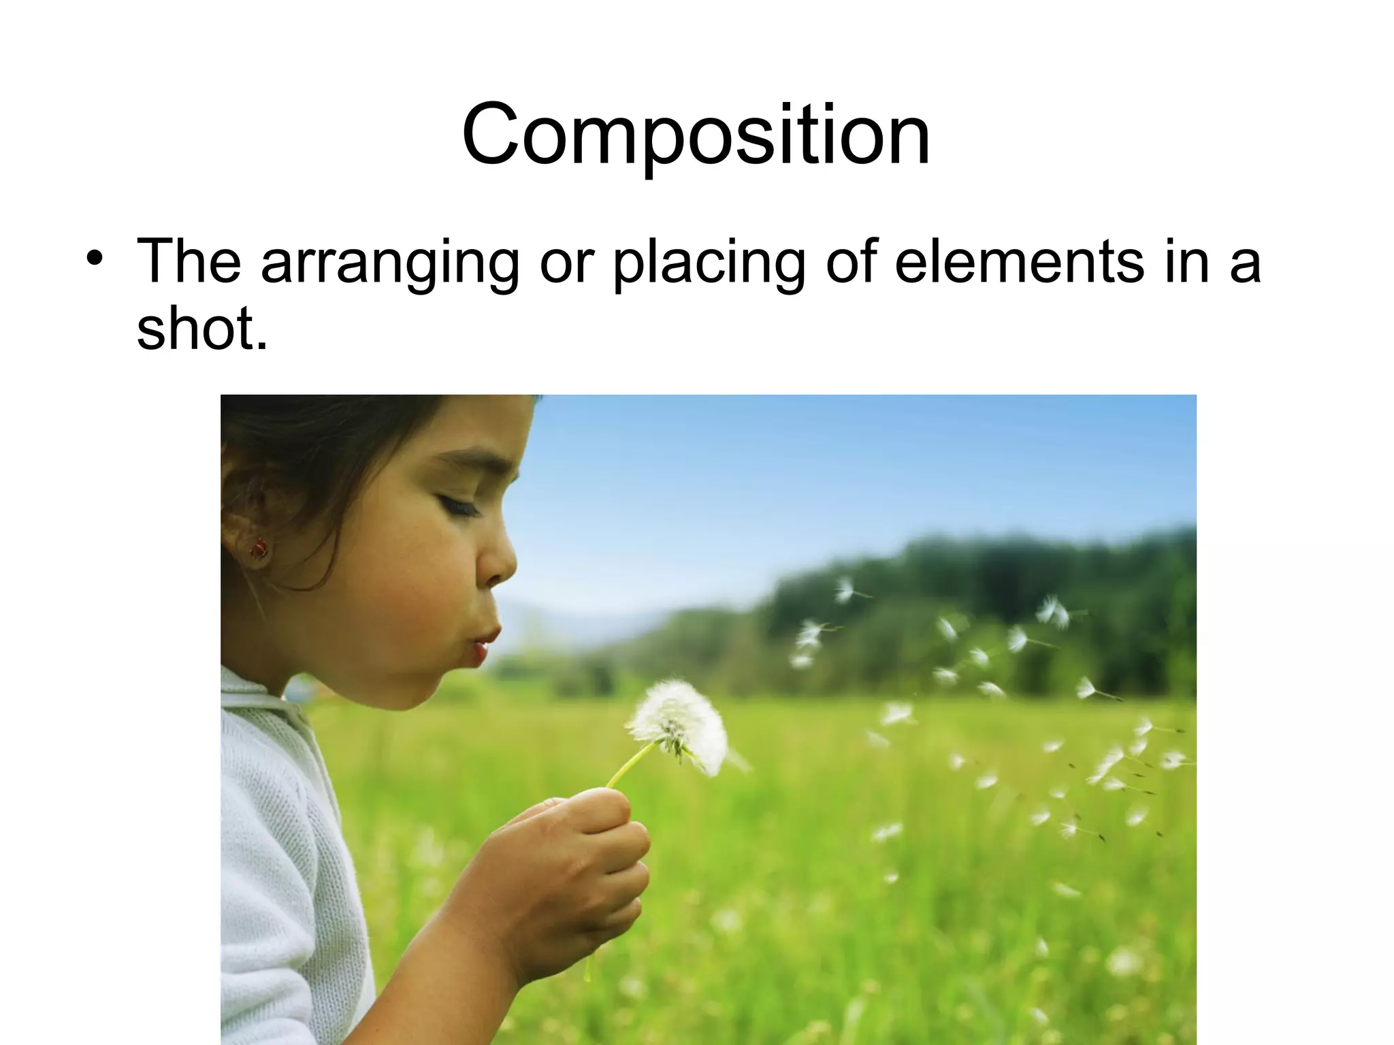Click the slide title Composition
(696, 134)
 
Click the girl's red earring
(259, 548)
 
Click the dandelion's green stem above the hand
(630, 765)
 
